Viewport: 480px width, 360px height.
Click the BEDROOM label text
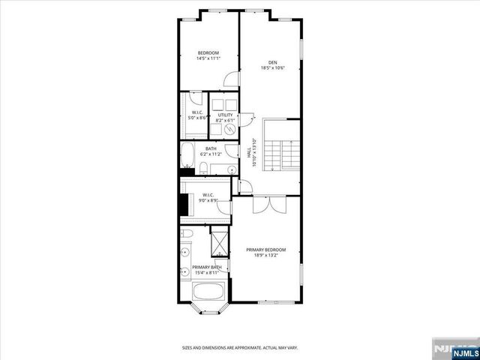pos(208,52)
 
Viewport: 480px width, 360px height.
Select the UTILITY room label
pos(226,115)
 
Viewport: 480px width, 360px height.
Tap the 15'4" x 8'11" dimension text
pos(205,273)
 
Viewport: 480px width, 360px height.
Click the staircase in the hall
pos(285,155)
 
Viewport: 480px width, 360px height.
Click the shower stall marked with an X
pos(220,244)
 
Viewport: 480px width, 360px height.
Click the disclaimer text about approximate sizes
pos(239,347)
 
